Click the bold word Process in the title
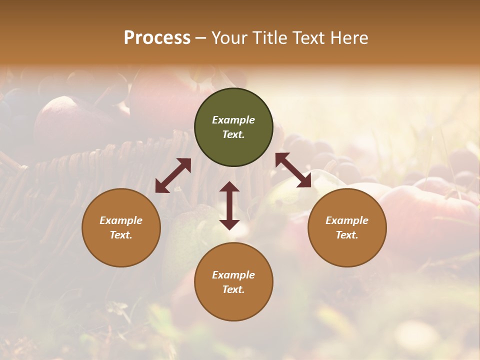[157, 38]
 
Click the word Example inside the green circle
[233, 120]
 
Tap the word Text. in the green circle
[233, 134]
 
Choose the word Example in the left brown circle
[121, 220]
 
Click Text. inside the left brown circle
[121, 235]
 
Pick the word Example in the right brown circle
[347, 220]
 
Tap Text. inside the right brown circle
[347, 235]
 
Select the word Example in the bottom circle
[233, 275]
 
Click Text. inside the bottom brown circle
[233, 289]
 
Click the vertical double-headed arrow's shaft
[229, 205]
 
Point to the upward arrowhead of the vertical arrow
[229, 187]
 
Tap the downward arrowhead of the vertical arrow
[229, 224]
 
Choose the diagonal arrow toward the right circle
[293, 170]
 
